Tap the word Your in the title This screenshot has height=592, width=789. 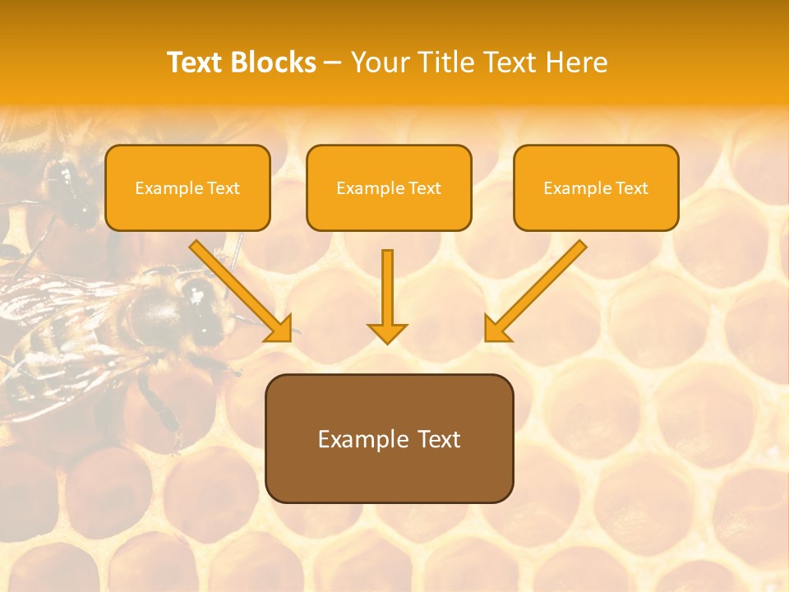381,62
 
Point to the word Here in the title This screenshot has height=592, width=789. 579,62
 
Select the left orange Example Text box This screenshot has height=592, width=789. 187,188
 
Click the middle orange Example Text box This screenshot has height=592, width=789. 389,188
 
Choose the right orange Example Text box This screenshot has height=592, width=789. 596,188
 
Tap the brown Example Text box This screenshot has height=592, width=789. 389,438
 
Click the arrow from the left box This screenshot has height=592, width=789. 238,288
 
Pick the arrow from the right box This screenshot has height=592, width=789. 538,288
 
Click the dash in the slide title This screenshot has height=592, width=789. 333,63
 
